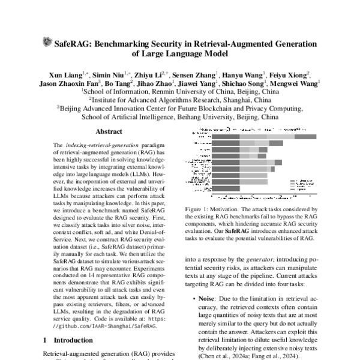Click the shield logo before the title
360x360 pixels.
click(48, 42)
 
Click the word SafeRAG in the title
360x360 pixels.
click(76, 43)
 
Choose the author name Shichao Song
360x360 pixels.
click(244, 83)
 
